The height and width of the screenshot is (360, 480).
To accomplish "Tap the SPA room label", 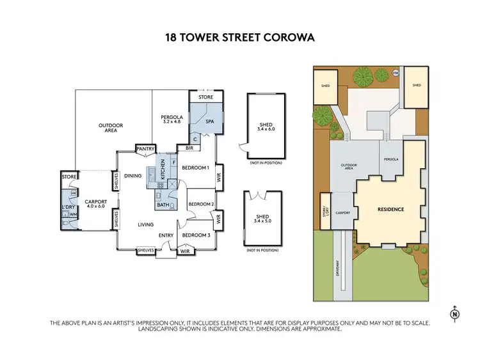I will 209,121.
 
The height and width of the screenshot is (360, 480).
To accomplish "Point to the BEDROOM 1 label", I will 195,168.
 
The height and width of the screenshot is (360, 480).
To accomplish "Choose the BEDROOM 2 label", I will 200,204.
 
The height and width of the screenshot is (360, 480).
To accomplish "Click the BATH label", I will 162,205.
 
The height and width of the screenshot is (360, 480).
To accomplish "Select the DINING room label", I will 132,176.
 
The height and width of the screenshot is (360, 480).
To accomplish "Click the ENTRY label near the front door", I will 166,235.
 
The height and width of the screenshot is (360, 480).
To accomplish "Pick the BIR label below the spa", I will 189,148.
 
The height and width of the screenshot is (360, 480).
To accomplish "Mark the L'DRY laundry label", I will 68,208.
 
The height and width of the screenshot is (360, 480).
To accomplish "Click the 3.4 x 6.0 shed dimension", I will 266,129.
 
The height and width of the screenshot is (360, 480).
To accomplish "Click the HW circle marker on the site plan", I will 395,72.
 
